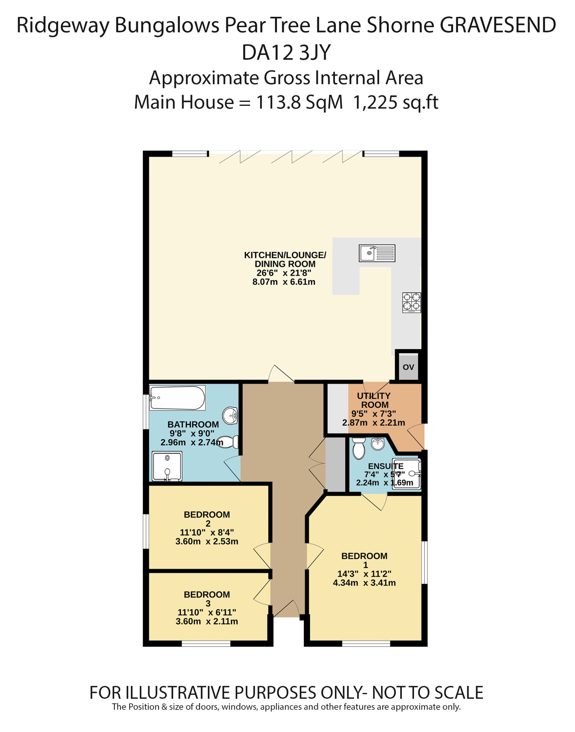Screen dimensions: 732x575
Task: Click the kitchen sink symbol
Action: click(x=377, y=253)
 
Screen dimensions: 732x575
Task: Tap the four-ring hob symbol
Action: click(x=411, y=302)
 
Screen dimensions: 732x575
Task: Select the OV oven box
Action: click(x=408, y=367)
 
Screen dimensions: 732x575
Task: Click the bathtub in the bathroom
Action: click(x=177, y=398)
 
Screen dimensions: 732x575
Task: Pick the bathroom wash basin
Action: click(x=230, y=416)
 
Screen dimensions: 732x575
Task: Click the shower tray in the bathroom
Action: click(x=167, y=466)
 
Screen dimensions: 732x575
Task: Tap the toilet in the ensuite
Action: click(x=359, y=449)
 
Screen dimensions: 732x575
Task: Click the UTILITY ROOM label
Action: click(x=374, y=400)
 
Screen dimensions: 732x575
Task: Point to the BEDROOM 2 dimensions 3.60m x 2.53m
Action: click(x=207, y=541)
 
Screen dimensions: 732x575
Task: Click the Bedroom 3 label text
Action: click(x=207, y=599)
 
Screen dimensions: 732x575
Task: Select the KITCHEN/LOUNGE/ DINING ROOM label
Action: click(x=285, y=259)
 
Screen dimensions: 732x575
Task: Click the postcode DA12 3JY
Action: click(x=286, y=53)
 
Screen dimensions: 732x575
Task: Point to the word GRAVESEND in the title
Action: click(x=498, y=25)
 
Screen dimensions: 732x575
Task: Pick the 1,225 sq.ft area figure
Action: click(x=395, y=103)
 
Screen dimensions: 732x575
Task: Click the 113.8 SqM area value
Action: click(x=299, y=103)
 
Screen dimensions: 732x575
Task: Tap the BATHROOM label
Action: click(x=193, y=424)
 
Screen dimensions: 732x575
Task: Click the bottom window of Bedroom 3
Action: click(x=206, y=644)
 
